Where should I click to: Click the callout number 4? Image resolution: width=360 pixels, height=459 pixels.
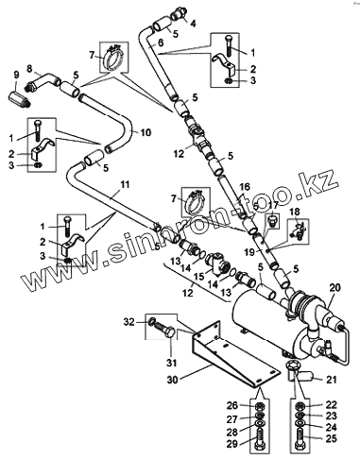point(193,24)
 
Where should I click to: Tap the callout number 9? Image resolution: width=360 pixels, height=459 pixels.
point(16,75)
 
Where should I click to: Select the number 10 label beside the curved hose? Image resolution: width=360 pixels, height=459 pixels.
point(146,132)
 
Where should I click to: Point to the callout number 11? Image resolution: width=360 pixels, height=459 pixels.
point(126,184)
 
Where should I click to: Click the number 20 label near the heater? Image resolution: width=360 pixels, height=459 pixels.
point(335,287)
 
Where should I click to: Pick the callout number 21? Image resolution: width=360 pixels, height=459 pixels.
point(332,380)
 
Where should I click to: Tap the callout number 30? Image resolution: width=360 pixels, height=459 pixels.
point(172,380)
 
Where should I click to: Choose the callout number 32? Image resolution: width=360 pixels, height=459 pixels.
point(129,322)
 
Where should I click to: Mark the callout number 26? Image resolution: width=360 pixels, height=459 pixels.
point(232,405)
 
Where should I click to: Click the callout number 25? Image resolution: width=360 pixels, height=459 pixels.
point(331,438)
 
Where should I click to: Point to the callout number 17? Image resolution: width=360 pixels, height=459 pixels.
point(273,205)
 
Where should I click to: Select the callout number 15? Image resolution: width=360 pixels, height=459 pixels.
point(199,277)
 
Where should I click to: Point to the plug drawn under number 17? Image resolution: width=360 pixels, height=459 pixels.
point(272,220)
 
